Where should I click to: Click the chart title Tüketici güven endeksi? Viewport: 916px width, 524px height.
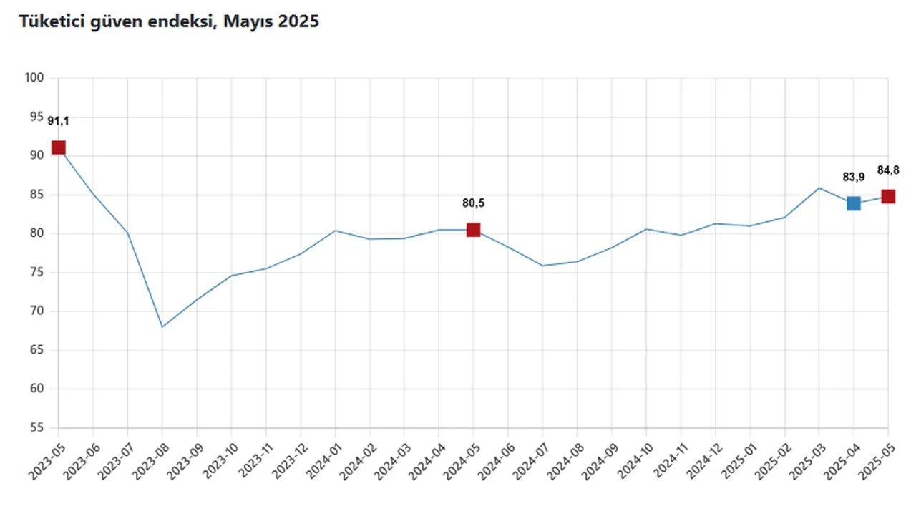169,22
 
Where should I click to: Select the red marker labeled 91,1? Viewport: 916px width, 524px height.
59,147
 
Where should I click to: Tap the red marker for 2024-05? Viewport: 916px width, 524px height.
473,230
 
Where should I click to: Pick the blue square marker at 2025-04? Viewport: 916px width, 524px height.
853,203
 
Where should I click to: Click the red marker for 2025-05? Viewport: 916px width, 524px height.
888,196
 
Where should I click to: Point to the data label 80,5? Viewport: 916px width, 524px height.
473,203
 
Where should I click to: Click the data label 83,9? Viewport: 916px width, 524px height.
853,177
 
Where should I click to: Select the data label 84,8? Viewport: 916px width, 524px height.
888,170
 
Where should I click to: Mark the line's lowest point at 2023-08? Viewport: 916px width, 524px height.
162,327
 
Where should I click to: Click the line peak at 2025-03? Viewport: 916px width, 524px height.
819,188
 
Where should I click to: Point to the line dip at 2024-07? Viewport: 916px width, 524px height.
542,266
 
